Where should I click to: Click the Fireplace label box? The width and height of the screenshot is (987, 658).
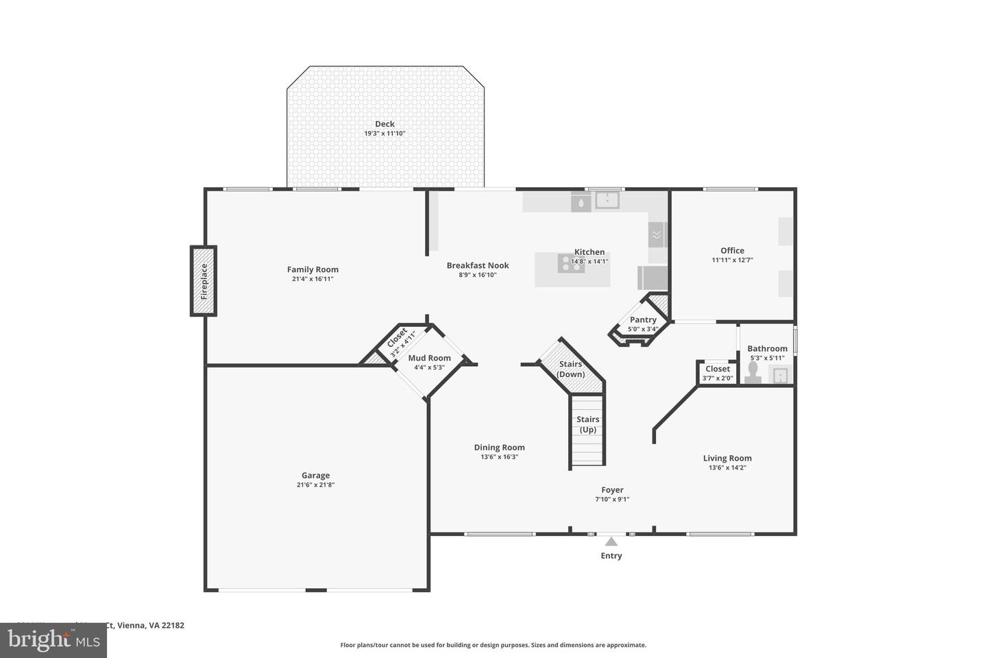click(204, 281)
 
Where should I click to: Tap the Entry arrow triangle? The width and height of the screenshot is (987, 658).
click(611, 541)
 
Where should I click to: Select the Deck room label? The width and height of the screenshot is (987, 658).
click(385, 124)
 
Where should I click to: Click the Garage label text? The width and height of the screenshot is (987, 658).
click(316, 475)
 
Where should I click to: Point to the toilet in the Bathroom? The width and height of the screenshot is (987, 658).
click(753, 372)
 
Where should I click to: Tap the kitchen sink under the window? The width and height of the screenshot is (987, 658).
click(607, 200)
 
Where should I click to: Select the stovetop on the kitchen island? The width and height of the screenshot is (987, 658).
click(571, 263)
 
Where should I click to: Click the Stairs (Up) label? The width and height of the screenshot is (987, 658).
click(587, 424)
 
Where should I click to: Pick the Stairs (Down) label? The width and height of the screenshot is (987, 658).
click(570, 369)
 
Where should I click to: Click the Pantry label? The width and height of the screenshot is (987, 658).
click(643, 319)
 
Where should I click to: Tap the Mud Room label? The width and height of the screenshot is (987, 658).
click(429, 358)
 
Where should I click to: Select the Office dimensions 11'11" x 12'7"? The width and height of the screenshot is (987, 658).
click(732, 260)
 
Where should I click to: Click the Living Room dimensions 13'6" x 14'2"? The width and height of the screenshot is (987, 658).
click(727, 468)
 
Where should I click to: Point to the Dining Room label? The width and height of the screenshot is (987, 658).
click(499, 447)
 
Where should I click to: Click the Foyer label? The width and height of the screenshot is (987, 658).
click(612, 489)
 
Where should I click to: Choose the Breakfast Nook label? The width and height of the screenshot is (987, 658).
click(478, 265)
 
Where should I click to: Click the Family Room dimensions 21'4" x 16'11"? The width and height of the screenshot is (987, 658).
click(313, 279)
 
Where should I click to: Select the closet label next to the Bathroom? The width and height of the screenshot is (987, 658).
click(718, 369)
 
